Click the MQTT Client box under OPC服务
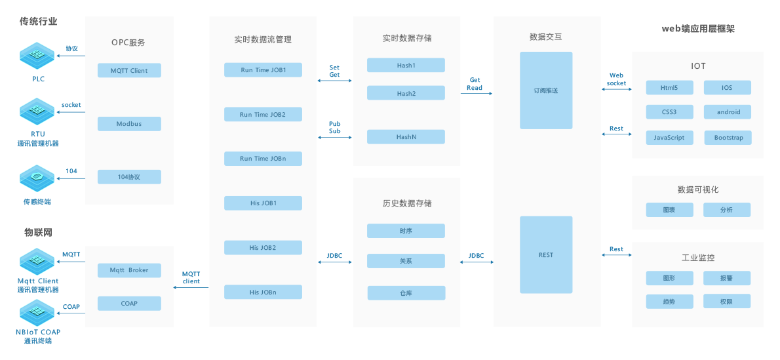(x=129, y=70)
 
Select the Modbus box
(x=129, y=123)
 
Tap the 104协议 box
(x=129, y=176)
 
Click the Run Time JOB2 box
(x=262, y=114)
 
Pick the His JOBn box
(x=262, y=292)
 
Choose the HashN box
(x=406, y=136)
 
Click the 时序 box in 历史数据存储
(x=406, y=230)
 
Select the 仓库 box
(x=406, y=292)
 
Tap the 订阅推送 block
(x=545, y=90)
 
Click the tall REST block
(x=545, y=255)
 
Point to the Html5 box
(x=669, y=87)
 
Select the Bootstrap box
(x=728, y=138)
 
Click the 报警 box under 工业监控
(x=726, y=278)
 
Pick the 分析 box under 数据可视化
(x=726, y=210)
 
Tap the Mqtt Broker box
(x=129, y=270)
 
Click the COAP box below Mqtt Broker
(x=129, y=303)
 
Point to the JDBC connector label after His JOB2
(x=334, y=255)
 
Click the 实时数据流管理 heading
(x=262, y=39)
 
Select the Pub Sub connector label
(x=334, y=127)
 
